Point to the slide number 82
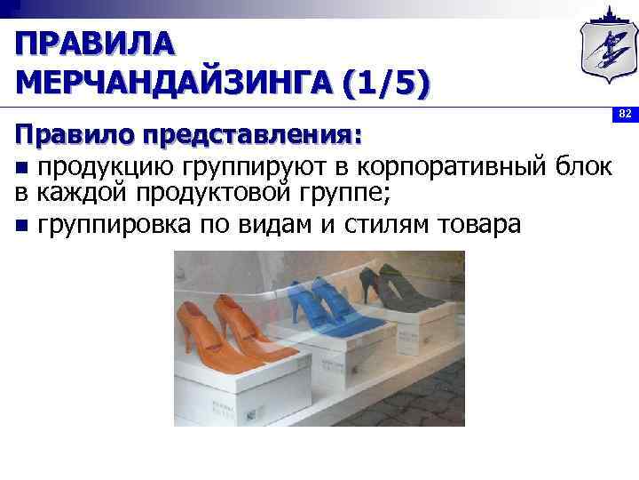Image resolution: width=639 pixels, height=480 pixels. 625,115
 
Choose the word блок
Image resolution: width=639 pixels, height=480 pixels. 587,166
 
